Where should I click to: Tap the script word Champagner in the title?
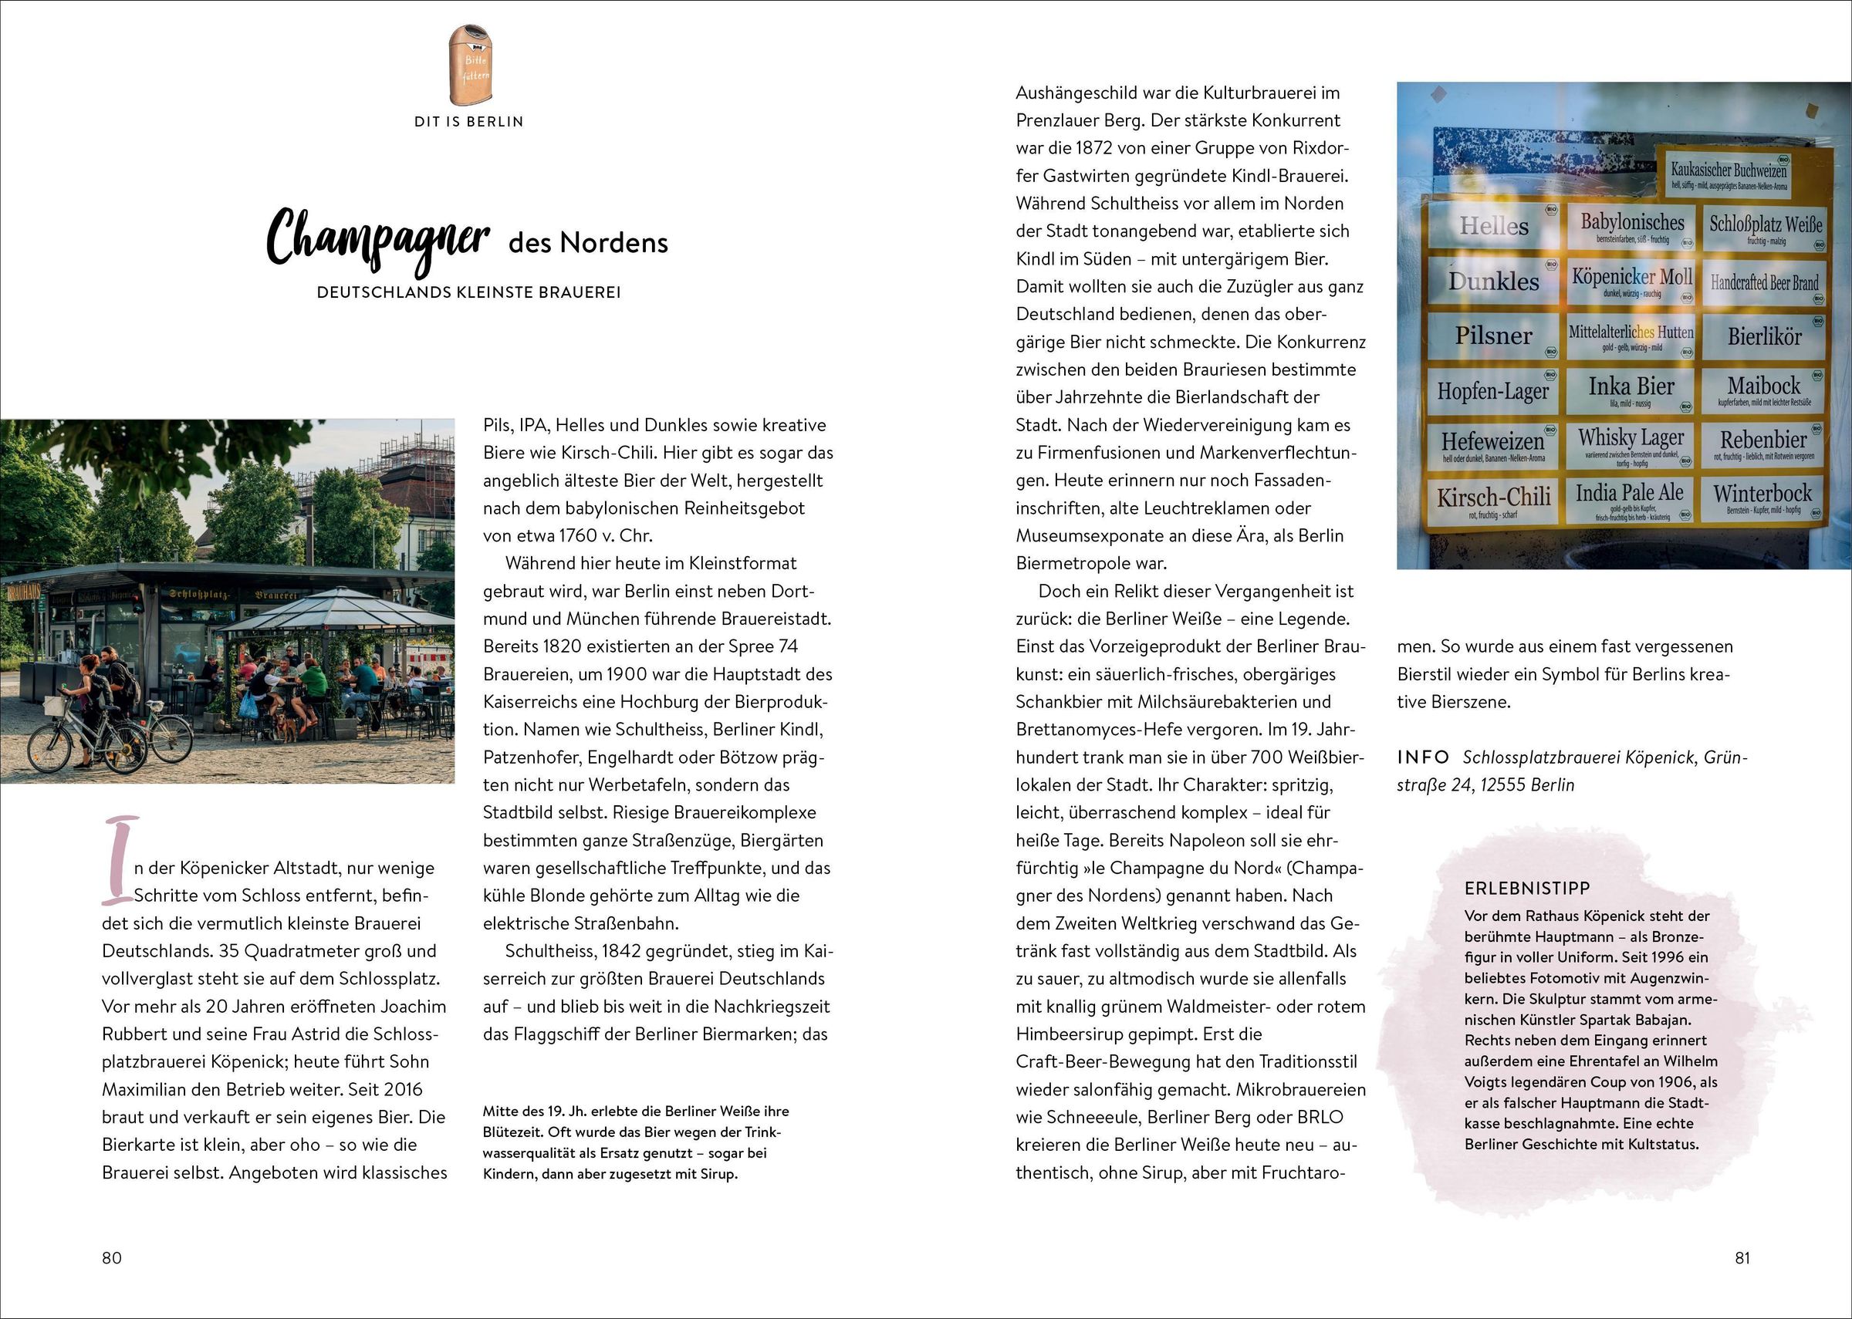(377, 238)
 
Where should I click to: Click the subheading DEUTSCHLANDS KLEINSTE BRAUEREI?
(468, 292)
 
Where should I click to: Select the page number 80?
(112, 1257)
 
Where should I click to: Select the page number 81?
(1742, 1257)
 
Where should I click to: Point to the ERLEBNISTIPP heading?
(1527, 889)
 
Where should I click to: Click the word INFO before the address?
(1423, 757)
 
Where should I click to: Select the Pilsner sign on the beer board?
(1493, 336)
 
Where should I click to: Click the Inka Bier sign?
(1631, 389)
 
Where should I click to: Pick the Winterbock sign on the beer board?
(1762, 496)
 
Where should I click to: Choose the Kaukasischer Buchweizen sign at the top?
(1728, 173)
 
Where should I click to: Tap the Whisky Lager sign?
(1631, 443)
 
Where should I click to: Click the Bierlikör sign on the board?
(1763, 336)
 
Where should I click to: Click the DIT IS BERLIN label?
(468, 122)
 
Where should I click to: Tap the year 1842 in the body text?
(621, 951)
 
